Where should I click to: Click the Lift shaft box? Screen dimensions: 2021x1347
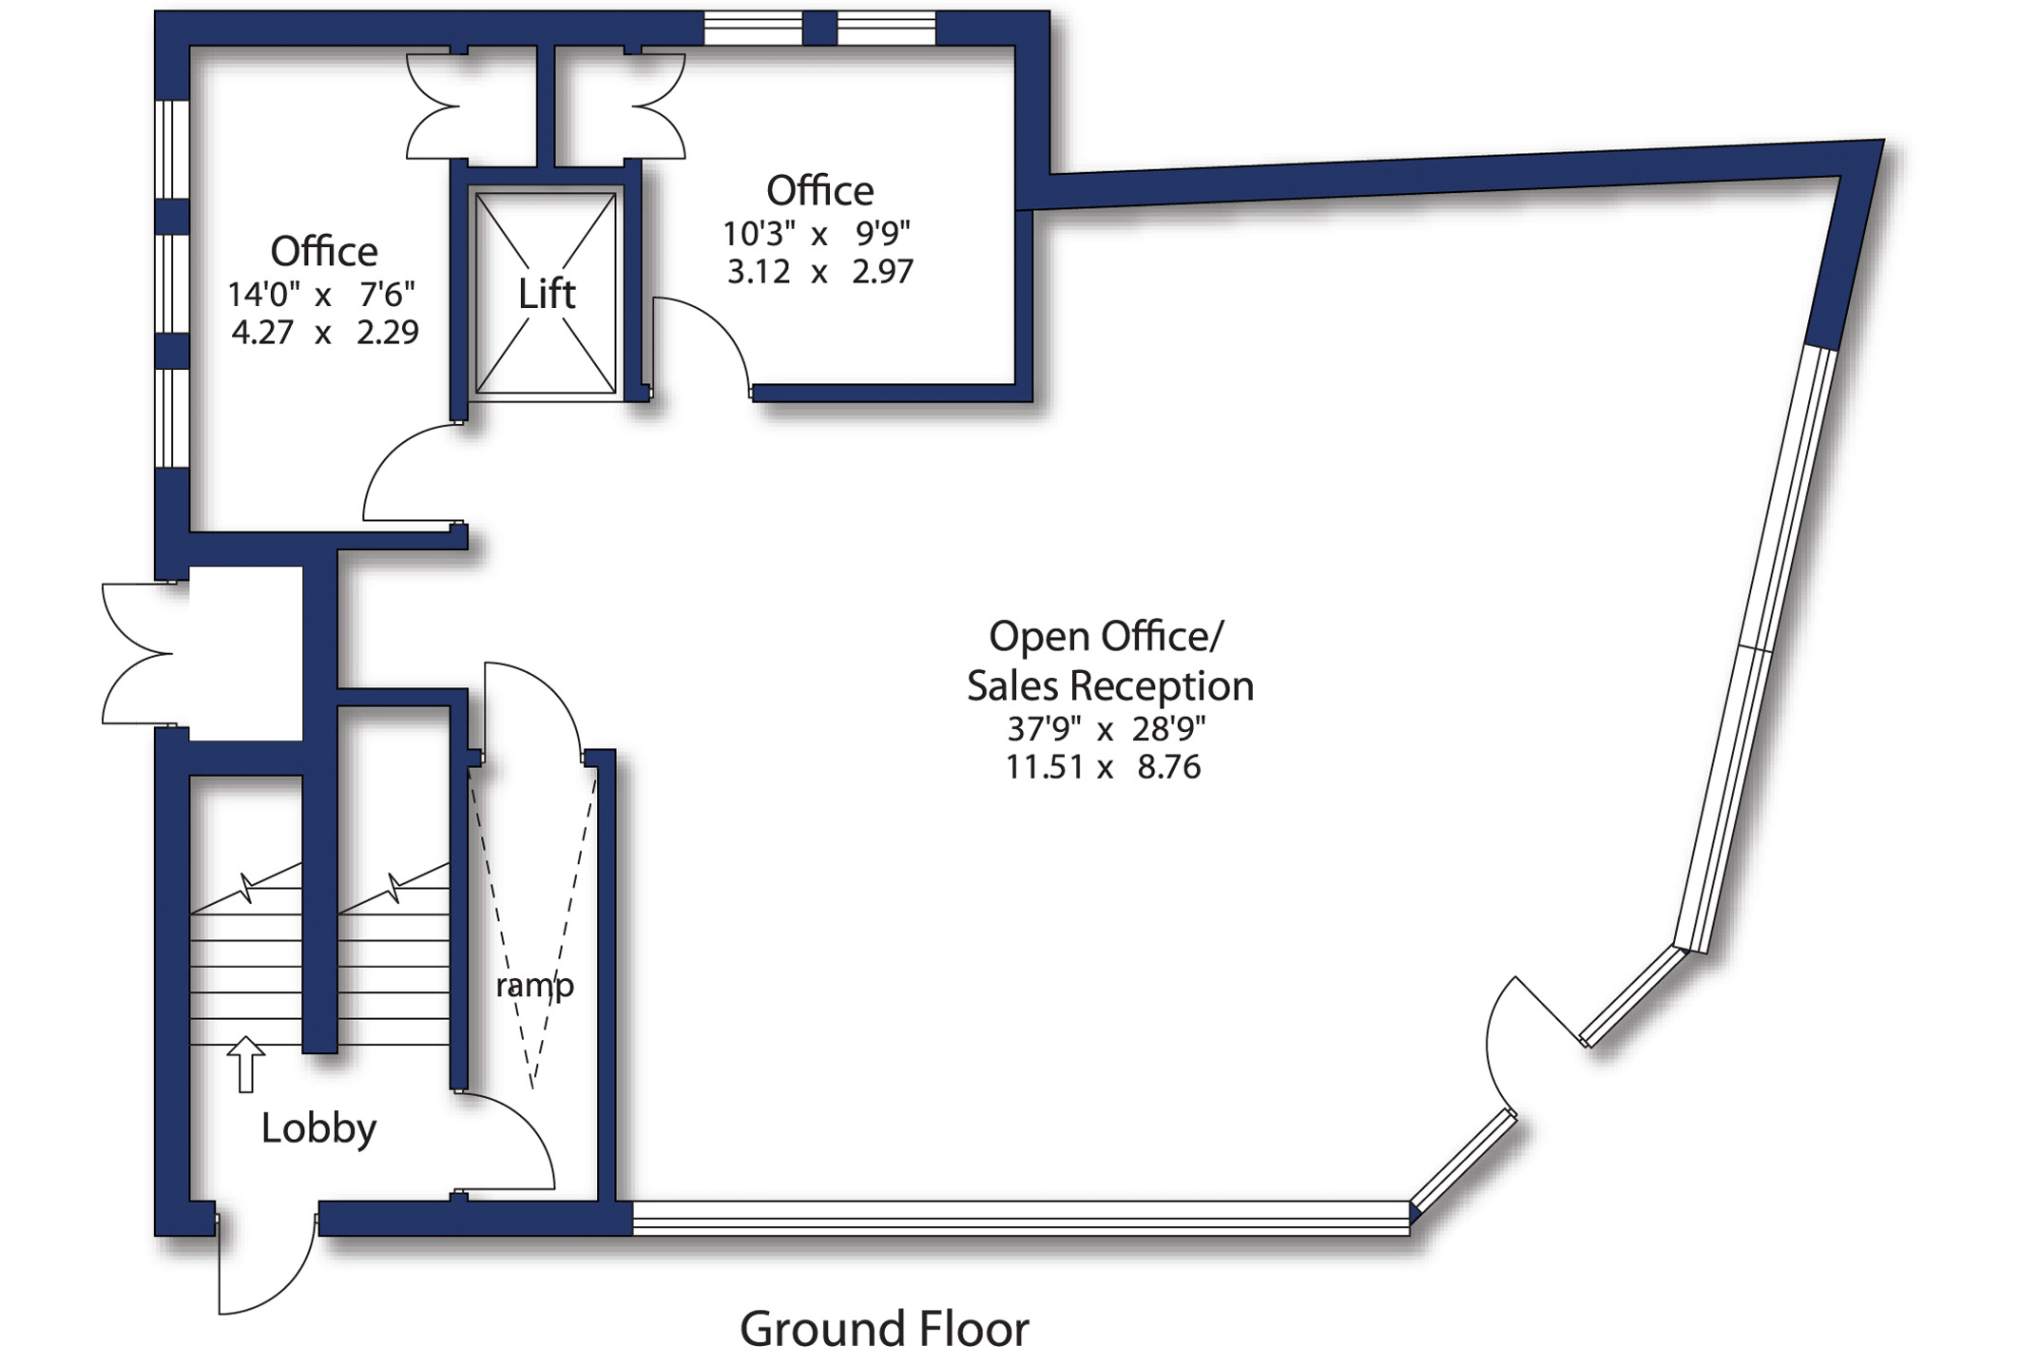546,293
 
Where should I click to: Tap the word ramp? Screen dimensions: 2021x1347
534,986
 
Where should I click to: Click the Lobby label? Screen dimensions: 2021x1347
318,1128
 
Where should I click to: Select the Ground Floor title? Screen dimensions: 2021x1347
884,1327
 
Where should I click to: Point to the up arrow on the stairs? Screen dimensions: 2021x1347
245,1064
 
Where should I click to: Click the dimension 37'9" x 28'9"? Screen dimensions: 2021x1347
1107,729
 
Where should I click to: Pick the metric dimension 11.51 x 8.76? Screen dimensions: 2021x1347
1104,767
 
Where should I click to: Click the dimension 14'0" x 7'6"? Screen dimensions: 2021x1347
321,295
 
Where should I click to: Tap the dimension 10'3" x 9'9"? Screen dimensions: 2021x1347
817,233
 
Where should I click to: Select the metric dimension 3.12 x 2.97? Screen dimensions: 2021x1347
819,272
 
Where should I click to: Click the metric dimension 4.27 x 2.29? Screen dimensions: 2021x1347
324,333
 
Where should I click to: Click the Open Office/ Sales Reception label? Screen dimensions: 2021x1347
1109,661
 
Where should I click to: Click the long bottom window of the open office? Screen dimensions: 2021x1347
1021,1218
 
